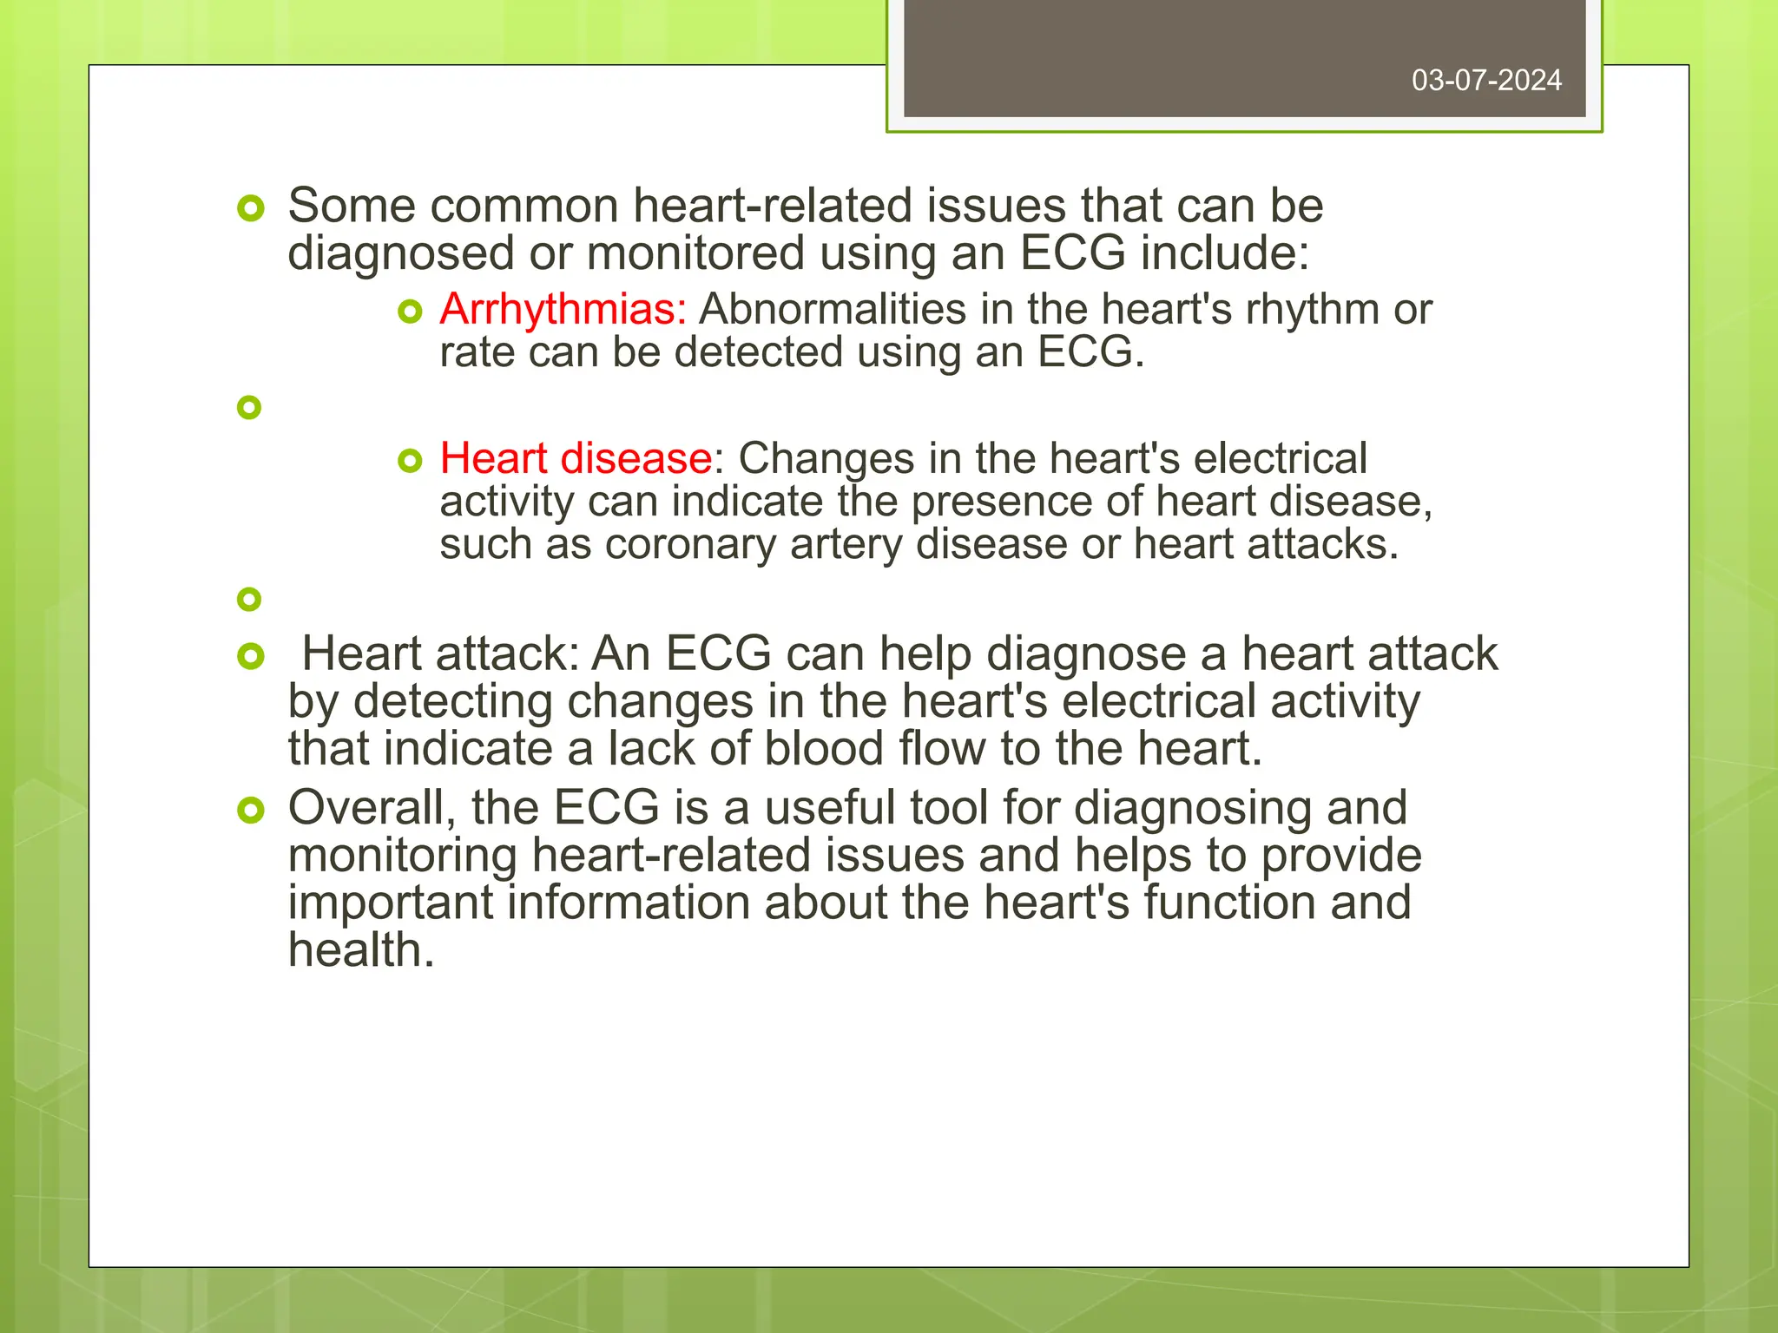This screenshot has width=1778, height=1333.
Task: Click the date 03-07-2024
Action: [1486, 81]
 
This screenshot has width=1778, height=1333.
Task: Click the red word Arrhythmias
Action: [563, 310]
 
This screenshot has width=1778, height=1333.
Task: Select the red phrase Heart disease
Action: [576, 458]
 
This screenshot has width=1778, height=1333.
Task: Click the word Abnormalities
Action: [833, 310]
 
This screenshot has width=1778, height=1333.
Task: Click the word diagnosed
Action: [401, 254]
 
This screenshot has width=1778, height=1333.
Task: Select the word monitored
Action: [695, 254]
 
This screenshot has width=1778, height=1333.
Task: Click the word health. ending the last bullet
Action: [361, 950]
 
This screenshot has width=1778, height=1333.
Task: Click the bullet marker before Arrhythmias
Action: [410, 312]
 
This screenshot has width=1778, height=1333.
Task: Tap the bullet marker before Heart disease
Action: [410, 461]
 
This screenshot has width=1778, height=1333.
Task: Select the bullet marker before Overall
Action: [250, 811]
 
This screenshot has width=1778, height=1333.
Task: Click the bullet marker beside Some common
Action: [250, 209]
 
